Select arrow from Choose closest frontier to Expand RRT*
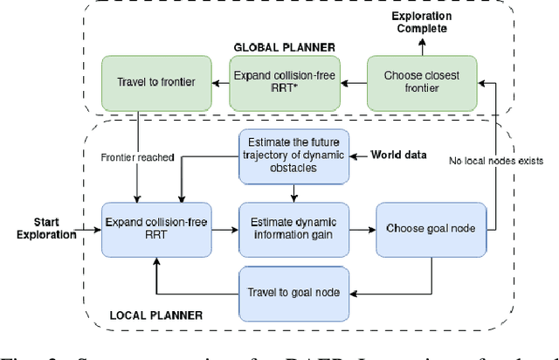point(354,84)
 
